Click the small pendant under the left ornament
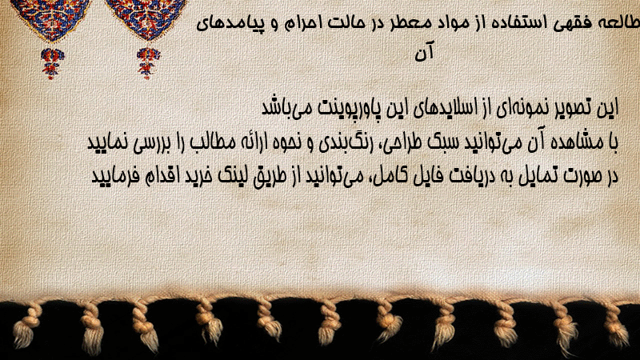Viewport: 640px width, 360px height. point(52,63)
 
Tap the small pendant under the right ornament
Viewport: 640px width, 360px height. point(148,63)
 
